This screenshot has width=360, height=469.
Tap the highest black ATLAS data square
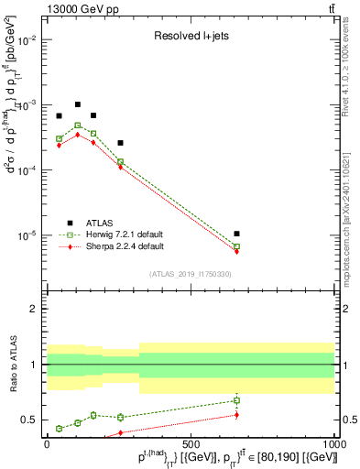[78, 104]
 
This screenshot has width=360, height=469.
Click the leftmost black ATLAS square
[59, 116]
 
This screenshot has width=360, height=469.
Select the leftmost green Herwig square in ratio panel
[59, 428]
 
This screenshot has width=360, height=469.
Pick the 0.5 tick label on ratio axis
[32, 420]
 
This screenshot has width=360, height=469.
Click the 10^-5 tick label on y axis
[27, 235]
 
